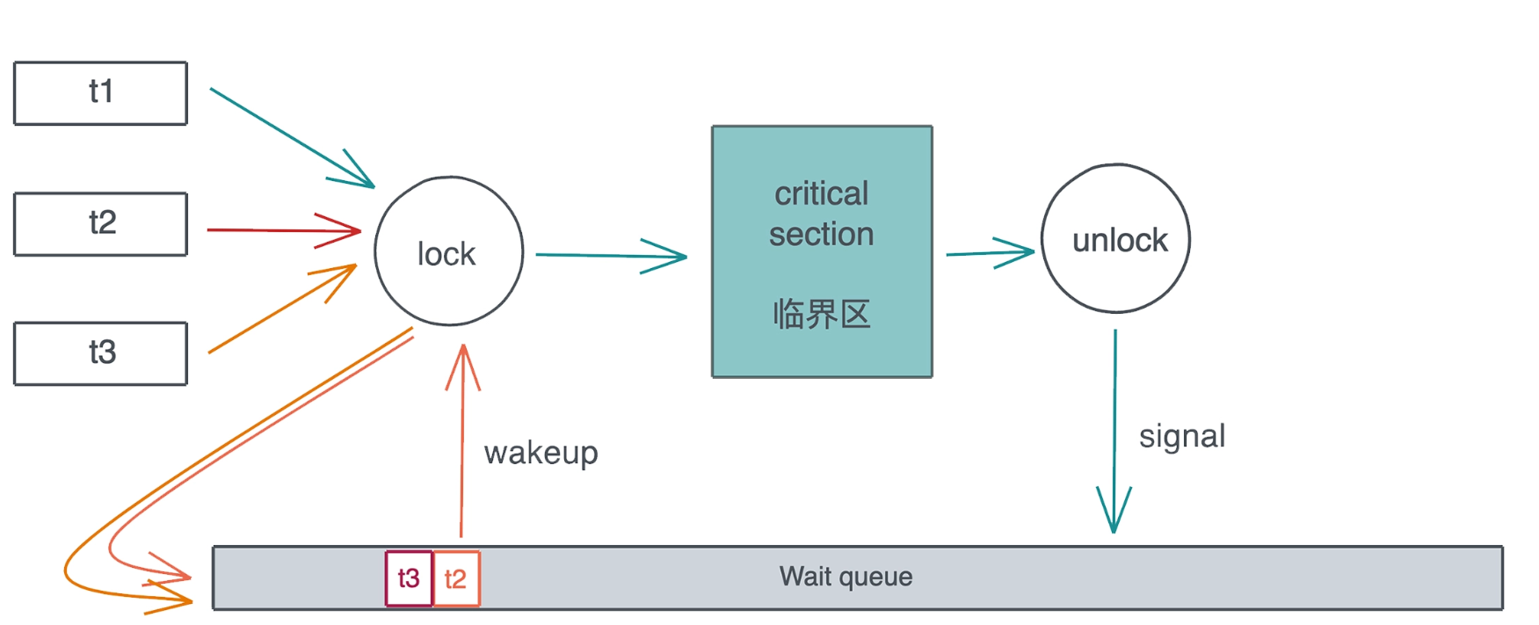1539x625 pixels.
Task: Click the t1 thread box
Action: [100, 93]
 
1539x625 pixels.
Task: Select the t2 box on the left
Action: [100, 223]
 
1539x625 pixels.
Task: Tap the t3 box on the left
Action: [100, 353]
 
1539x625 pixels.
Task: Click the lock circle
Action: [448, 251]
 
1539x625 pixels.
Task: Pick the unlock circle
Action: [1115, 238]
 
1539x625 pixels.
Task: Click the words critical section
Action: [821, 214]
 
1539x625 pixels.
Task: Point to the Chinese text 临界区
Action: [821, 314]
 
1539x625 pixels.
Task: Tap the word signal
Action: [1181, 436]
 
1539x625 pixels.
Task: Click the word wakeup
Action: [541, 453]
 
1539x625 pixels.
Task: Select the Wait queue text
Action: [846, 577]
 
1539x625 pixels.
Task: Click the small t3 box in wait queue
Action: [409, 578]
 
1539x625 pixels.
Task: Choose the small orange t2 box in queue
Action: [456, 578]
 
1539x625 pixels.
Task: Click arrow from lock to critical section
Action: [606, 256]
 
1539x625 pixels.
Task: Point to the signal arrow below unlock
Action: [1114, 413]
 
